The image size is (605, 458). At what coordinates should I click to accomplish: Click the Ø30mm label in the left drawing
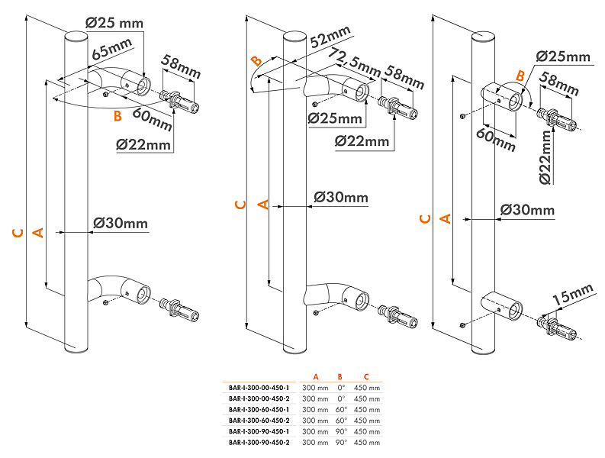(120, 224)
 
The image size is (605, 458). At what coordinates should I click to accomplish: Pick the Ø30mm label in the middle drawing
(340, 198)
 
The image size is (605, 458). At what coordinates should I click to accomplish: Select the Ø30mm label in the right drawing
(527, 210)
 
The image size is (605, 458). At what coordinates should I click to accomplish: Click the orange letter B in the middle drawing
(257, 62)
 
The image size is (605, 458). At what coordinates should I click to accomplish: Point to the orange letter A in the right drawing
(447, 218)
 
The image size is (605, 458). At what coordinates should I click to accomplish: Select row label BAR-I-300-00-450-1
(259, 388)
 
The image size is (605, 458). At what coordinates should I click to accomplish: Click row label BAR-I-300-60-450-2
(259, 421)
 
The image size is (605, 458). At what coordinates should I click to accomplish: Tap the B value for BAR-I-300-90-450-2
(340, 442)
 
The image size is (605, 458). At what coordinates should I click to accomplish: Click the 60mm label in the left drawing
(152, 118)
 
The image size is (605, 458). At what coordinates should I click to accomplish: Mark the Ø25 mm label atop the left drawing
(115, 23)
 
